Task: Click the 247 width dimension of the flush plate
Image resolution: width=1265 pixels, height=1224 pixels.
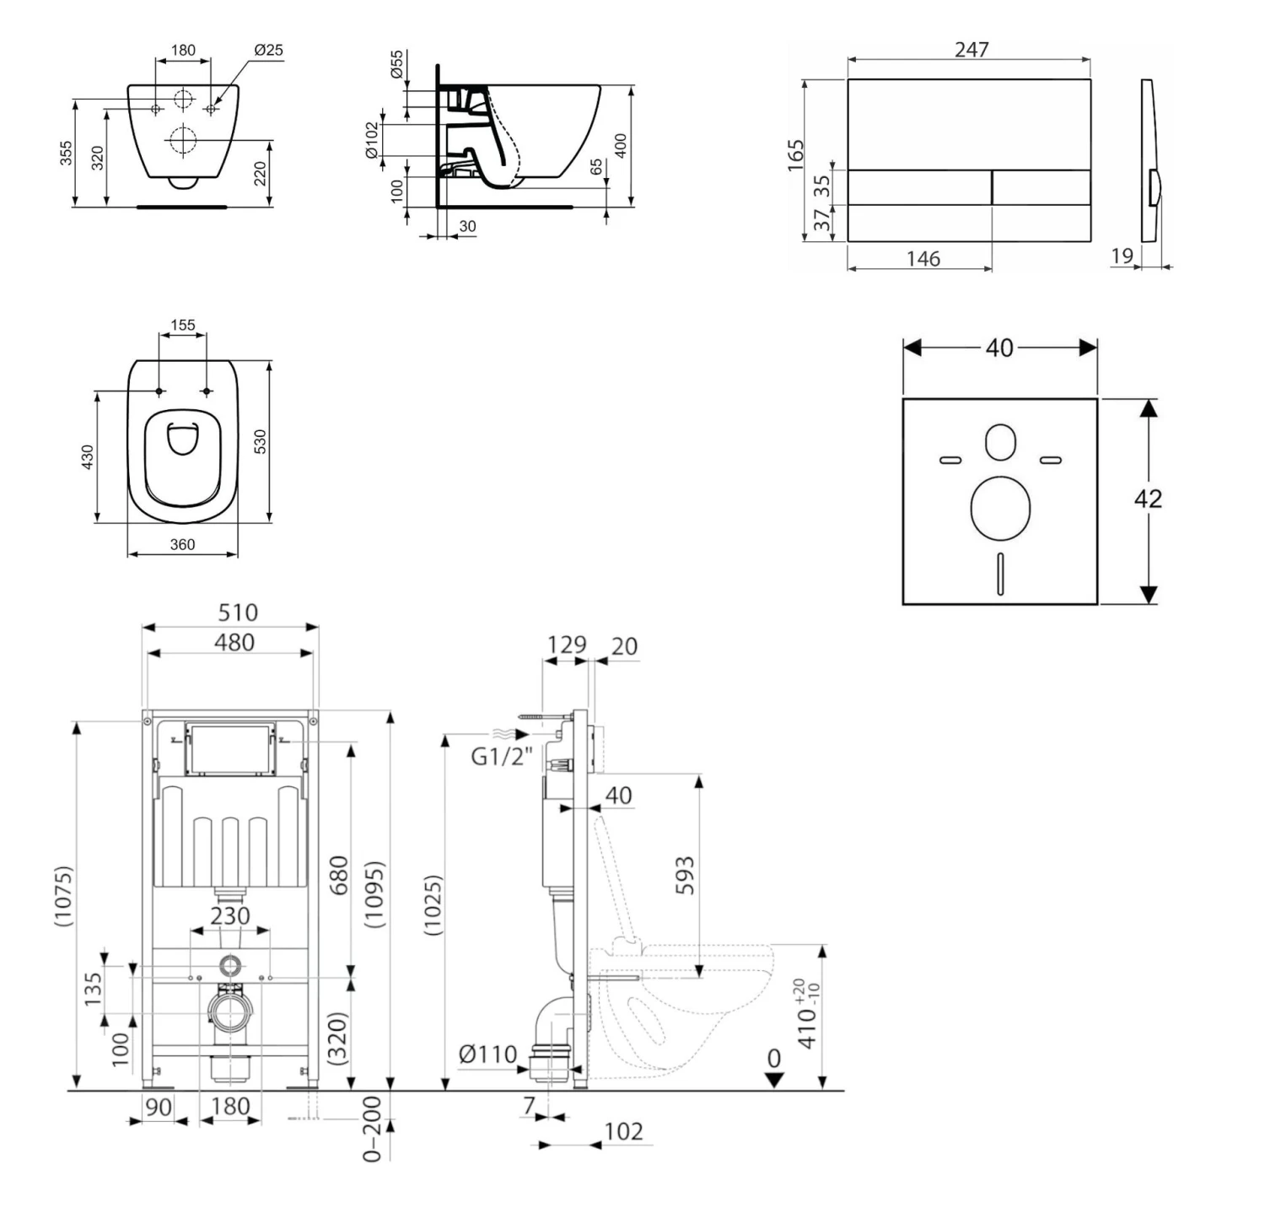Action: (x=971, y=49)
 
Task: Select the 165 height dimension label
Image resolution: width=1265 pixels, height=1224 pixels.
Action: (x=795, y=156)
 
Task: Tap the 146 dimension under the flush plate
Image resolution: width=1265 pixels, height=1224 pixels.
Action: (x=923, y=258)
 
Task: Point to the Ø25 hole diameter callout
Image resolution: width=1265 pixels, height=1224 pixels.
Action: (x=268, y=51)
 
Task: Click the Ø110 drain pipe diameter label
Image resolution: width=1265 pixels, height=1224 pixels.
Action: (x=487, y=1054)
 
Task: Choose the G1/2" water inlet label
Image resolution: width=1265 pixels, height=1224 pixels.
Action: (x=501, y=756)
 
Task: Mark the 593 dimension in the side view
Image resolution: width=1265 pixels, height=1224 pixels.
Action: (x=685, y=875)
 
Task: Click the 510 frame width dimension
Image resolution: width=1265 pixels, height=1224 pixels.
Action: (x=237, y=612)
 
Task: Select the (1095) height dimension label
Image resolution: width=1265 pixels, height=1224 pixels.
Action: (x=374, y=895)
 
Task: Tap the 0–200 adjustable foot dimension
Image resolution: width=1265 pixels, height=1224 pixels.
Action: (x=372, y=1129)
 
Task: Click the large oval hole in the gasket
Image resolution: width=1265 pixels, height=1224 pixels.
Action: (x=1000, y=508)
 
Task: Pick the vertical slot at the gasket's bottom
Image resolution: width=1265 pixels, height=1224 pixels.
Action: (x=1000, y=574)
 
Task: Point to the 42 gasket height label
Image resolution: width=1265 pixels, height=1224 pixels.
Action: (x=1148, y=499)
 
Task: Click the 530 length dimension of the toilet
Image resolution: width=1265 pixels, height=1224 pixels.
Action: (x=260, y=441)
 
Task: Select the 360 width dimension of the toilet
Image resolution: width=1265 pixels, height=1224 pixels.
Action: (x=182, y=545)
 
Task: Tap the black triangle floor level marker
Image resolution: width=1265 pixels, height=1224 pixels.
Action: (x=773, y=1080)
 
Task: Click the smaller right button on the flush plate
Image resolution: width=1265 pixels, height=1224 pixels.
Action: (x=1041, y=187)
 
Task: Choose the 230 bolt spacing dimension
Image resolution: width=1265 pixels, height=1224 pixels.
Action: (x=230, y=915)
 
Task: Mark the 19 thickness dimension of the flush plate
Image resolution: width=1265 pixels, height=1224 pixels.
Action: (x=1122, y=256)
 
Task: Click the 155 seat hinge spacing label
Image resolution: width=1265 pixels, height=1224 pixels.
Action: (x=182, y=325)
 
